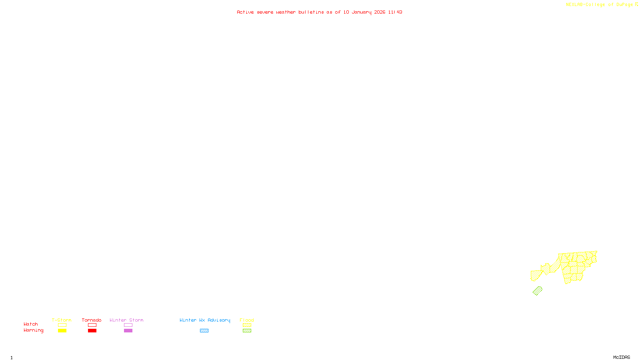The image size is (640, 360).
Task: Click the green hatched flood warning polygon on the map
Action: tap(537, 291)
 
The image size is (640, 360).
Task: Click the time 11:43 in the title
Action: tap(395, 12)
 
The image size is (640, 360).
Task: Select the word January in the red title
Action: tap(361, 12)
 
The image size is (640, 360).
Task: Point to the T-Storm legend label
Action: tap(62, 320)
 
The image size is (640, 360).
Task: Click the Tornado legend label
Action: tap(92, 320)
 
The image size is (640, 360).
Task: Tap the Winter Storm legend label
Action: tap(126, 320)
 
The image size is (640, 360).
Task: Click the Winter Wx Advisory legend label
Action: tap(205, 320)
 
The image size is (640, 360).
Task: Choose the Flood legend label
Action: tap(247, 320)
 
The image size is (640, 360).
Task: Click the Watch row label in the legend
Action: tap(31, 324)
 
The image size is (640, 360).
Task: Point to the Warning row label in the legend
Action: tap(33, 330)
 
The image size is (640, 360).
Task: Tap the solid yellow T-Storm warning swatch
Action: tap(62, 331)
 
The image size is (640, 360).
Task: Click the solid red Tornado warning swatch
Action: tap(92, 331)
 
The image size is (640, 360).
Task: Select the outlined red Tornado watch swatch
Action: tap(92, 325)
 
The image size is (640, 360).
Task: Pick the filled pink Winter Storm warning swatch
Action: tap(128, 331)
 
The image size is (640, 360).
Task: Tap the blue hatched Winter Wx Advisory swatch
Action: tap(204, 331)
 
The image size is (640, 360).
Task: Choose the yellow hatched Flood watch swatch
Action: tap(247, 325)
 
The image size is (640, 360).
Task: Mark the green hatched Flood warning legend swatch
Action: tap(247, 331)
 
